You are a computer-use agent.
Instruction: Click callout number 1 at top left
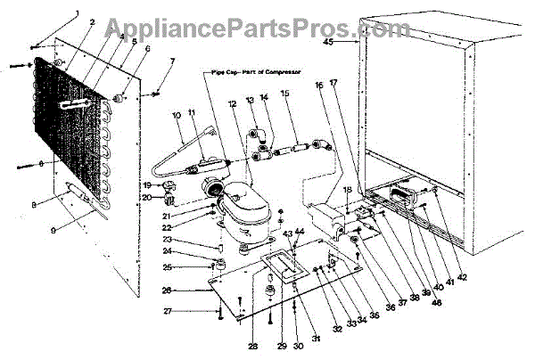(x=77, y=12)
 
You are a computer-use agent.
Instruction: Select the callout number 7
(x=173, y=61)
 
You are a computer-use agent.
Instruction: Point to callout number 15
(x=285, y=94)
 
